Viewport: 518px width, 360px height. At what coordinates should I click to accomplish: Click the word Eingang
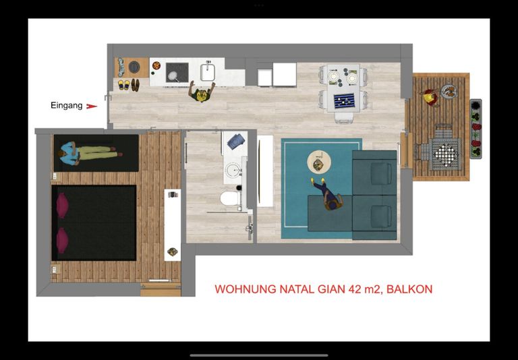(x=66, y=106)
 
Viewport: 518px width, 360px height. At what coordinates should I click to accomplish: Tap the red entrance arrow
(x=92, y=107)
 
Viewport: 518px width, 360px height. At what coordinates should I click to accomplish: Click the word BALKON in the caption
(x=409, y=289)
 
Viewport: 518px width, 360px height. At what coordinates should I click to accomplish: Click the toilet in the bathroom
(x=230, y=198)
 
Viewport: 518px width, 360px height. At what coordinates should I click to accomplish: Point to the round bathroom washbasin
(x=233, y=171)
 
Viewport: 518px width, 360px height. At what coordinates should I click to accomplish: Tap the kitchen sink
(x=208, y=72)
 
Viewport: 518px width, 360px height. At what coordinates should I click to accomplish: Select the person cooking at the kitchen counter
(x=202, y=92)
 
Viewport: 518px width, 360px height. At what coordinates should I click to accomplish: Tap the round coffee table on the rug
(x=319, y=162)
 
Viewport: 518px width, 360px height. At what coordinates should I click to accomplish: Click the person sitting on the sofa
(x=327, y=196)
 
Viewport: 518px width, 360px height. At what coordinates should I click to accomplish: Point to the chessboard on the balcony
(x=445, y=154)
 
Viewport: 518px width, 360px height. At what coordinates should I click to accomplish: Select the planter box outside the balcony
(x=476, y=129)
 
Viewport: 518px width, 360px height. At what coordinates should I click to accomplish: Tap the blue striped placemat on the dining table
(x=344, y=100)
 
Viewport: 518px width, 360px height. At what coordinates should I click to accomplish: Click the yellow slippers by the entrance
(x=124, y=85)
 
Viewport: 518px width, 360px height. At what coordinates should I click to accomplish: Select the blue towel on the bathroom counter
(x=236, y=142)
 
